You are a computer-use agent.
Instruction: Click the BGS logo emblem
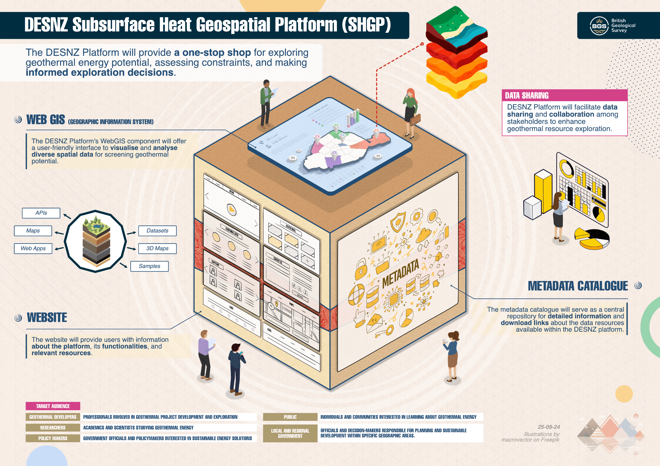[x=599, y=26]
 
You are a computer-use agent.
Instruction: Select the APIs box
[x=41, y=213]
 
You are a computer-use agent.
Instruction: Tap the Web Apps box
[x=33, y=249]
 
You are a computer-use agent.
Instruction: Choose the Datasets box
[x=157, y=231]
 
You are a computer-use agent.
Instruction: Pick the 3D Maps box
[x=157, y=249]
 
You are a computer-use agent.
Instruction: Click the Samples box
[x=149, y=266]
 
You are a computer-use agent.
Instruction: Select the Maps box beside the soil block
[x=33, y=231]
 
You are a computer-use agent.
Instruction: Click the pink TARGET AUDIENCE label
[x=53, y=406]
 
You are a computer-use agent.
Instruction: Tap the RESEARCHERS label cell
[x=53, y=428]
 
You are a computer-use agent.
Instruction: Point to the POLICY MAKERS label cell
[x=53, y=438]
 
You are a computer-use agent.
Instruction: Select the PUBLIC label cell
[x=290, y=417]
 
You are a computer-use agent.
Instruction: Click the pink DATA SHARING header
[x=564, y=95]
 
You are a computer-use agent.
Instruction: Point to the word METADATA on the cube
[x=400, y=274]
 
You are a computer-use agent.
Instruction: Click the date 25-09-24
[x=549, y=427]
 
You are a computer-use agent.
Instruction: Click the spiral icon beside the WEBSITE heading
[x=18, y=318]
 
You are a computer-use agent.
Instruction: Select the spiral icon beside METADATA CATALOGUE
[x=638, y=285]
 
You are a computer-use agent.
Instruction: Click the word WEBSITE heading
[x=47, y=318]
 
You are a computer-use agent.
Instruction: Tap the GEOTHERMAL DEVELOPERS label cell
[x=53, y=417]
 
